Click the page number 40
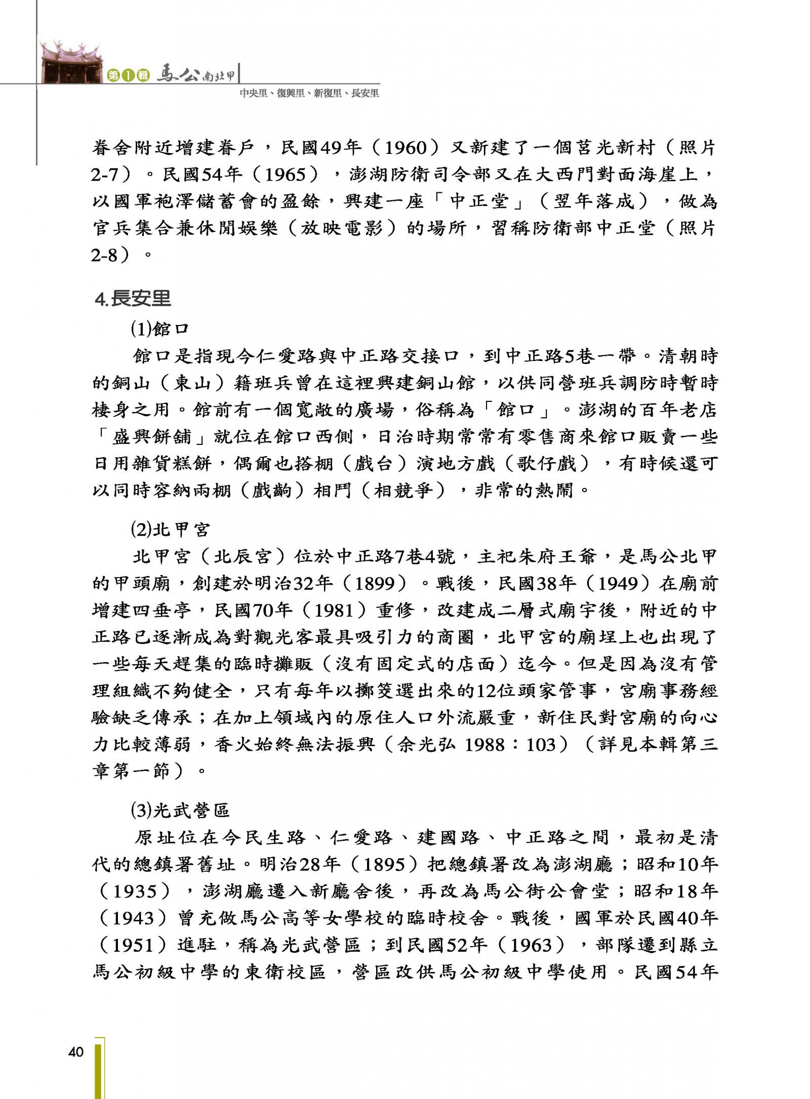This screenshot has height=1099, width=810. click(x=75, y=1052)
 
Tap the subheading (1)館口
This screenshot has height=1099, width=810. click(x=159, y=329)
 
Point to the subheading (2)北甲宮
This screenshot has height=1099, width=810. click(x=170, y=530)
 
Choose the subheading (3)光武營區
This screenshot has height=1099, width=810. click(x=180, y=810)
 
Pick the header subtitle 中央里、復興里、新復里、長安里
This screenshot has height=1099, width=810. click(x=309, y=93)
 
